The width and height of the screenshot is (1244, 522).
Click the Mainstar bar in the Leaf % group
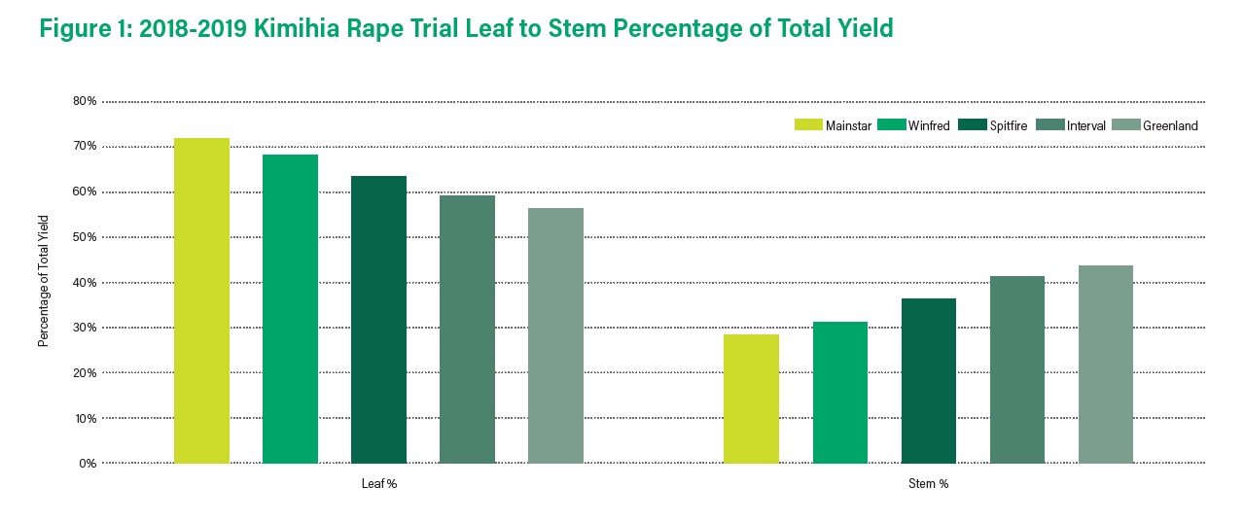click(201, 300)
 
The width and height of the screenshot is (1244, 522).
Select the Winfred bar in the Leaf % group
click(290, 309)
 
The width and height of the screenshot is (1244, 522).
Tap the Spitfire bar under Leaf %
click(378, 320)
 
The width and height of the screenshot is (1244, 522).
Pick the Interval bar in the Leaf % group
click(467, 330)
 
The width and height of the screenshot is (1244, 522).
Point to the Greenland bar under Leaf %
click(555, 335)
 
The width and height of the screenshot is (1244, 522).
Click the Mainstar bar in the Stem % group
click(751, 399)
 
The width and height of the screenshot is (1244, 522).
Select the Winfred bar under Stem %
click(839, 393)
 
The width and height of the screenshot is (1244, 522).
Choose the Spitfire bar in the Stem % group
click(928, 381)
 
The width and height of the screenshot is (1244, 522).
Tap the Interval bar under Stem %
click(1016, 369)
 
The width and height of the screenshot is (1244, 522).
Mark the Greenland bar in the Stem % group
click(1105, 365)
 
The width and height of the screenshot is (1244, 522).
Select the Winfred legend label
click(928, 125)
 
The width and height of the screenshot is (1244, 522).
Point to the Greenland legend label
click(1170, 125)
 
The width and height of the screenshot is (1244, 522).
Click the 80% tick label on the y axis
click(84, 101)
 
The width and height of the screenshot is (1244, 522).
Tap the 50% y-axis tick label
click(84, 237)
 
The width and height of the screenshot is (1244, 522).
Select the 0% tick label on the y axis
click(87, 464)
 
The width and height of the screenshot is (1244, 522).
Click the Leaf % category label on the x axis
click(378, 484)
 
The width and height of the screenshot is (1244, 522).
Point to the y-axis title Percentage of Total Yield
click(43, 282)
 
